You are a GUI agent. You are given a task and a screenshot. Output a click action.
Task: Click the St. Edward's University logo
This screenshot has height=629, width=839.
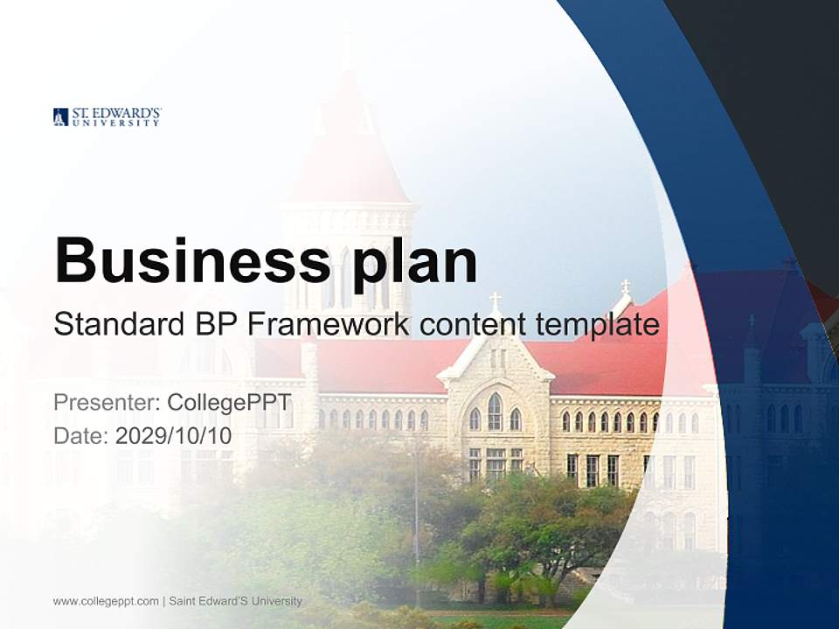(107, 117)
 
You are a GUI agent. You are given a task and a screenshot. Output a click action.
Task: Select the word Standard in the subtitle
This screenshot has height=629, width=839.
(115, 325)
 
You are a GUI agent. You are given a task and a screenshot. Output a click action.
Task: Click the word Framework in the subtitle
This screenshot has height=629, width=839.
(329, 325)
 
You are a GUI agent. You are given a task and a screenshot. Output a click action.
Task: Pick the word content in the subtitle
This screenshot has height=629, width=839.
(472, 325)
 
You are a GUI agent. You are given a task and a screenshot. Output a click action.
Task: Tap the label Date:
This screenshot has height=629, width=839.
(81, 435)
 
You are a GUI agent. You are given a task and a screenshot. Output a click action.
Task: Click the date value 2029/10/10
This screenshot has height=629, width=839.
(174, 435)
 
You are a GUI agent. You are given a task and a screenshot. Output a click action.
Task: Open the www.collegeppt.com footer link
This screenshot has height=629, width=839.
(106, 601)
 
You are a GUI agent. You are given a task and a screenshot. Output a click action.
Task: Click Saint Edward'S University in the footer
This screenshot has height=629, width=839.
(235, 601)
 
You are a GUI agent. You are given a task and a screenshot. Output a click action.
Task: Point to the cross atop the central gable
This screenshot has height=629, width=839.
(495, 301)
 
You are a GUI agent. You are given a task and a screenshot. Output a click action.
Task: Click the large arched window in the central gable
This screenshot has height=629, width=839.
(495, 412)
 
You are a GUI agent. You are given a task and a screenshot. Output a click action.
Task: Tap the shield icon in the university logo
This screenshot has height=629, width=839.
(60, 117)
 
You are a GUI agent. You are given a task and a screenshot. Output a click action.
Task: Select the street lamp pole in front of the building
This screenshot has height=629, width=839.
(417, 524)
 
